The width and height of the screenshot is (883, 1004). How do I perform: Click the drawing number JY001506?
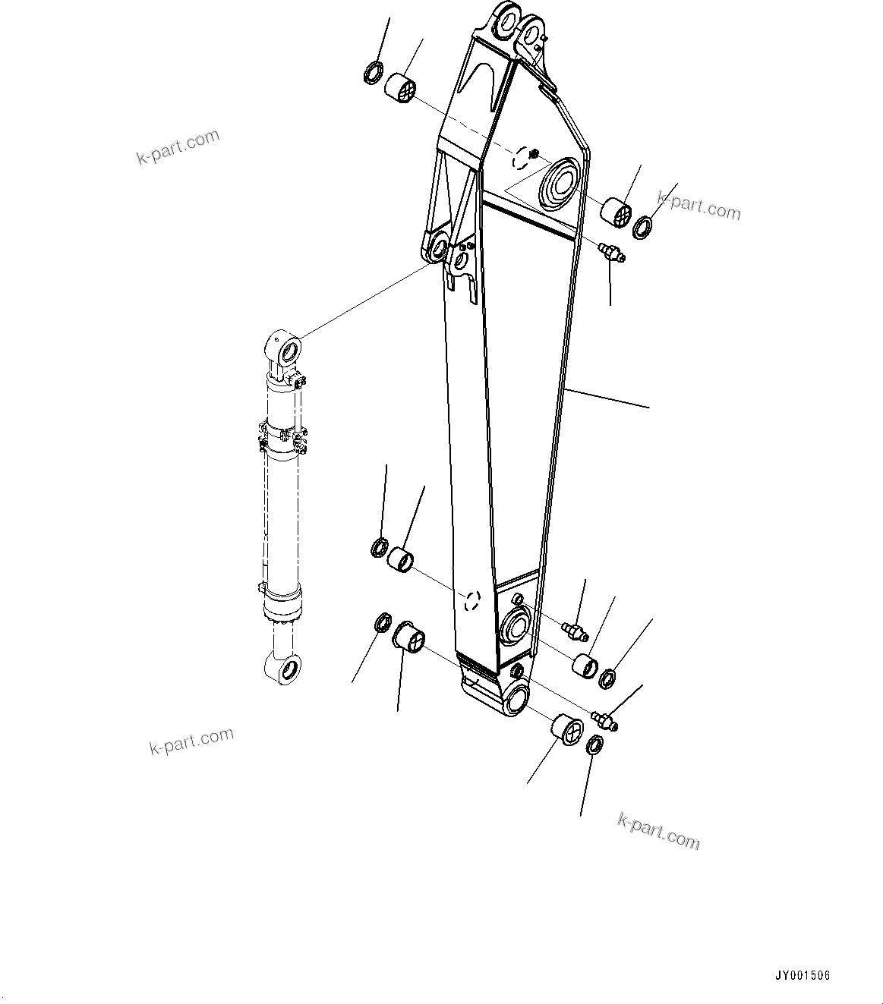(x=802, y=975)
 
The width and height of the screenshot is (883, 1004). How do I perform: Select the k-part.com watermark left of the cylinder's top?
(x=178, y=146)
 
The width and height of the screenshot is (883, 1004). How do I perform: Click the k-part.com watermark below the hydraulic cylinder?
(x=191, y=741)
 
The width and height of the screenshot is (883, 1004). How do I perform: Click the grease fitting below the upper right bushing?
(x=610, y=253)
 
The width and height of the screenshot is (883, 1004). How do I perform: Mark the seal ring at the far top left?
(x=374, y=74)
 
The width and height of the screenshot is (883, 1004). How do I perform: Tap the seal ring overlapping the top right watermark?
(x=642, y=226)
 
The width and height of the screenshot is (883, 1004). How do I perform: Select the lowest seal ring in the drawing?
(x=595, y=746)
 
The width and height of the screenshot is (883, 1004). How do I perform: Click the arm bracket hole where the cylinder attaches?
(x=439, y=248)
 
